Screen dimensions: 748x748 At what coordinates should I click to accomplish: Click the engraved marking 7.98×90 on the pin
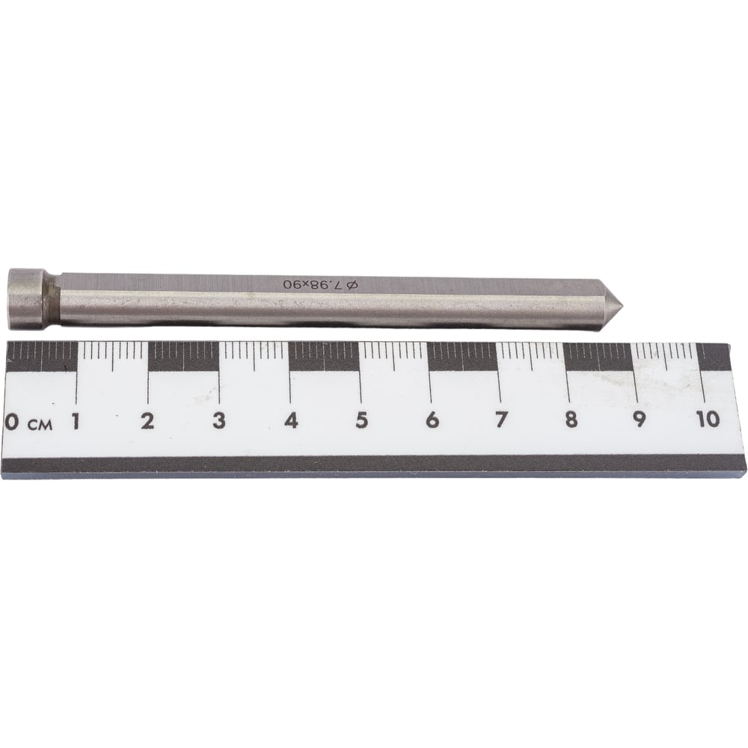point(313,285)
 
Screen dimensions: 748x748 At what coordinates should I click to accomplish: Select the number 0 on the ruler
point(12,422)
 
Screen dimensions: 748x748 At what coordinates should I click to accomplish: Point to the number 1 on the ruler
point(75,421)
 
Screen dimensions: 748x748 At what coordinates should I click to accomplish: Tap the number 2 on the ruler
point(148,421)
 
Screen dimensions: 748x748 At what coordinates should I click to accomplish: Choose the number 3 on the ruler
point(219,421)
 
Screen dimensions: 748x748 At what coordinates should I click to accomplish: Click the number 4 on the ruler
point(291,420)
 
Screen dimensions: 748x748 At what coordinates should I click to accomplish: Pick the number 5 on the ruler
point(361,420)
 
